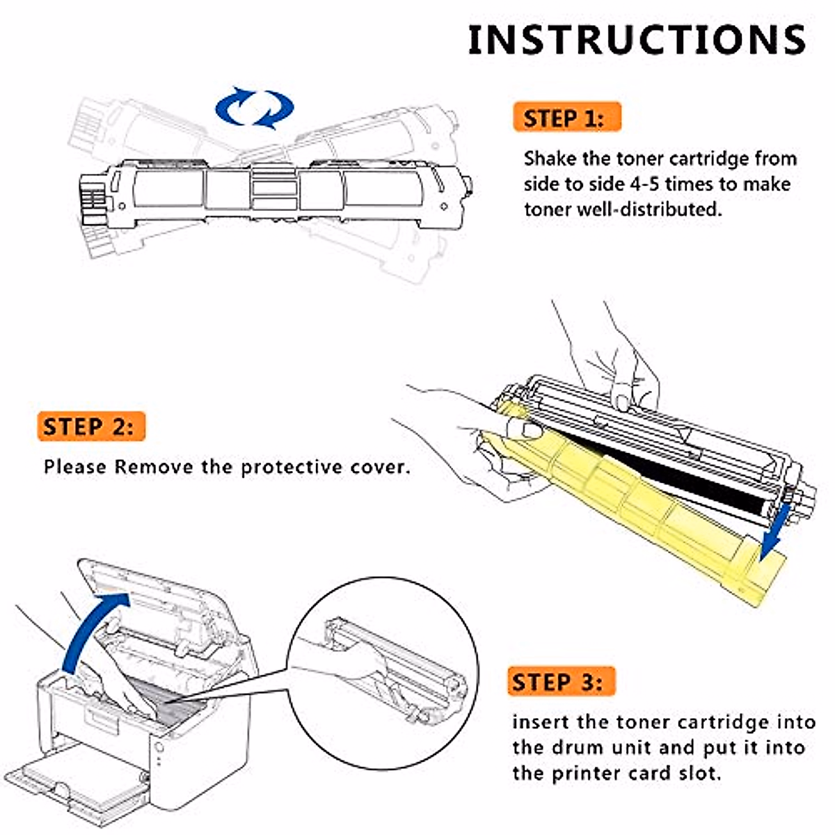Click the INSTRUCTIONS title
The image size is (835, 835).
click(x=637, y=40)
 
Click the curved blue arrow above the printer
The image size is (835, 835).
click(x=90, y=626)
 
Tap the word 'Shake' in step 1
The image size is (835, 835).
click(x=550, y=159)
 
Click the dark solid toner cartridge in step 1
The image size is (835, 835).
click(x=278, y=188)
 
